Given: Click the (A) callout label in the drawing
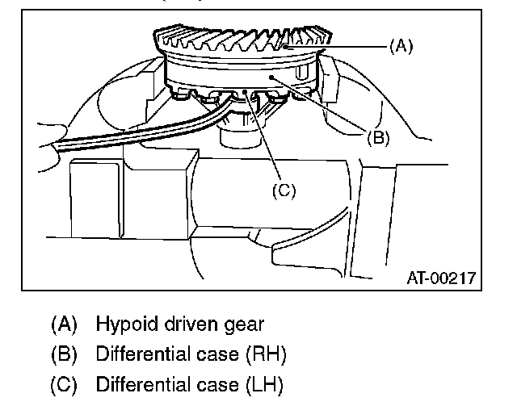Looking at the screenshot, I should click(x=401, y=47).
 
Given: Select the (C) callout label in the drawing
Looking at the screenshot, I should click(x=284, y=190).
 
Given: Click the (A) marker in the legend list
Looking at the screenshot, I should click(x=64, y=325).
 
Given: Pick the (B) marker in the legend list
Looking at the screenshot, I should click(x=64, y=355).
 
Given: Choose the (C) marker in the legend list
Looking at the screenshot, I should click(x=64, y=385).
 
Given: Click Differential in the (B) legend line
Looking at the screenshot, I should click(x=140, y=355).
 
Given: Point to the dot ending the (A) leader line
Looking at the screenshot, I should click(x=288, y=48).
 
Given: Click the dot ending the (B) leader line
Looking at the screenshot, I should click(x=274, y=76).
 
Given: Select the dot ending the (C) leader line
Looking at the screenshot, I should click(x=243, y=93).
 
